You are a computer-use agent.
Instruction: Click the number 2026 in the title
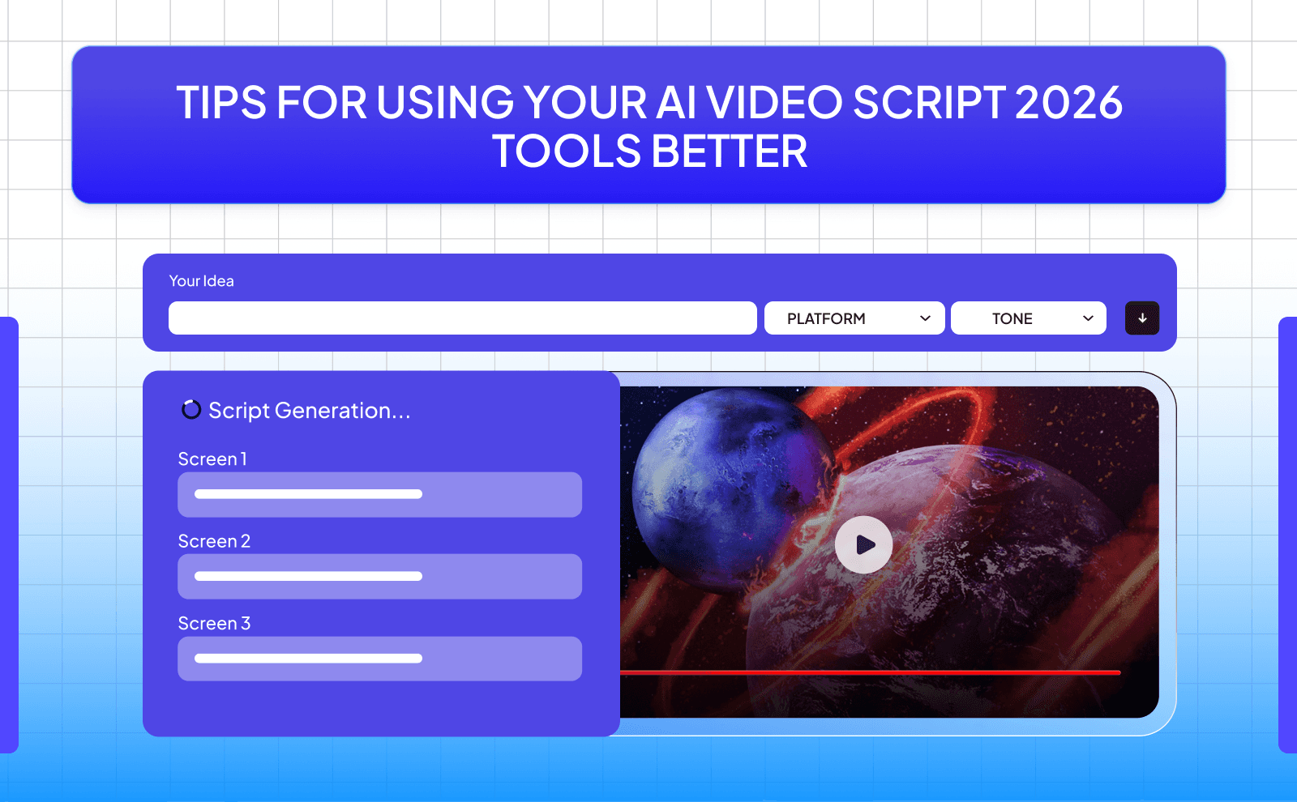coord(1068,103)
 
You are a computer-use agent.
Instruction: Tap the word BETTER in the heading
coord(729,152)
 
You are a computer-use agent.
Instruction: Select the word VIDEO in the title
coord(774,103)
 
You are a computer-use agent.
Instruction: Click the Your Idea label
coord(201,281)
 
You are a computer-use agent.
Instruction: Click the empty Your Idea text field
coord(462,318)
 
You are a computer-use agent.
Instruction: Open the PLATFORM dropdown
coord(854,318)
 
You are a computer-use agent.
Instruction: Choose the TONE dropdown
coord(1028,318)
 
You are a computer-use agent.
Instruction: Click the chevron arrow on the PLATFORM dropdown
coord(925,318)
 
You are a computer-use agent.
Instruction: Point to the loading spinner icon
coord(191,410)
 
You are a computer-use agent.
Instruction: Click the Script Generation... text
coord(310,411)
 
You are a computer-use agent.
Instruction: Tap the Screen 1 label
coord(212,459)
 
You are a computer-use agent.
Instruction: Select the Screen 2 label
coord(214,541)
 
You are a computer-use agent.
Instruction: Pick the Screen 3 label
coord(214,624)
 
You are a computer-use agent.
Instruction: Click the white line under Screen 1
coord(308,494)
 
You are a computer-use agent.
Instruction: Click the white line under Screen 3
coord(308,659)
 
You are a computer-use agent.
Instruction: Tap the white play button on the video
coord(863,544)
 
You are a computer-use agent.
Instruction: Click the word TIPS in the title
coord(221,103)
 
